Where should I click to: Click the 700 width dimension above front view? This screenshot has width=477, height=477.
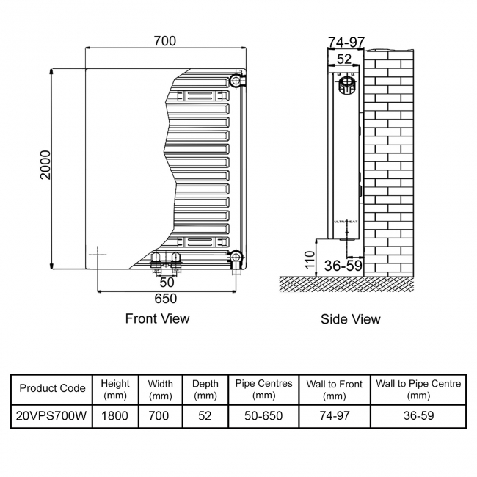click(x=165, y=41)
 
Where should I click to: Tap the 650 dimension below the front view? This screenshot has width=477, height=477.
click(x=165, y=299)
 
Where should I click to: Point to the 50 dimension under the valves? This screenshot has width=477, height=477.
click(x=167, y=282)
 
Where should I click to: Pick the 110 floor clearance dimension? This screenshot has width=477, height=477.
click(x=310, y=261)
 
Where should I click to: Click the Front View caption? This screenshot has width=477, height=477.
click(x=157, y=318)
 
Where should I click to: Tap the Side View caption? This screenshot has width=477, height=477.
click(x=351, y=319)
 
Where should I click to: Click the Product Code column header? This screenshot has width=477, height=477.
click(x=52, y=388)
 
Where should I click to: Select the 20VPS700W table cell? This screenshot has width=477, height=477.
click(x=52, y=415)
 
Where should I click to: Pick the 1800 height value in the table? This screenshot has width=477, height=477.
click(x=115, y=415)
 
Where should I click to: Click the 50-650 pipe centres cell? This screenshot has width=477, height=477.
click(x=263, y=415)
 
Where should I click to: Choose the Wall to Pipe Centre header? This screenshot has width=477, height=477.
click(x=418, y=389)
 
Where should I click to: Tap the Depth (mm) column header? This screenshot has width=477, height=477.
click(x=205, y=389)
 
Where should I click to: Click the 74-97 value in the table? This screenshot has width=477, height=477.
click(x=334, y=415)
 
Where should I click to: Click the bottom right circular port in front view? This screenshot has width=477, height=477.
click(x=235, y=256)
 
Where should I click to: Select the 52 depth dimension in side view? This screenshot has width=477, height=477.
click(x=344, y=59)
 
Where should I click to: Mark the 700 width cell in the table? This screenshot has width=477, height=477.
click(x=160, y=415)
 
